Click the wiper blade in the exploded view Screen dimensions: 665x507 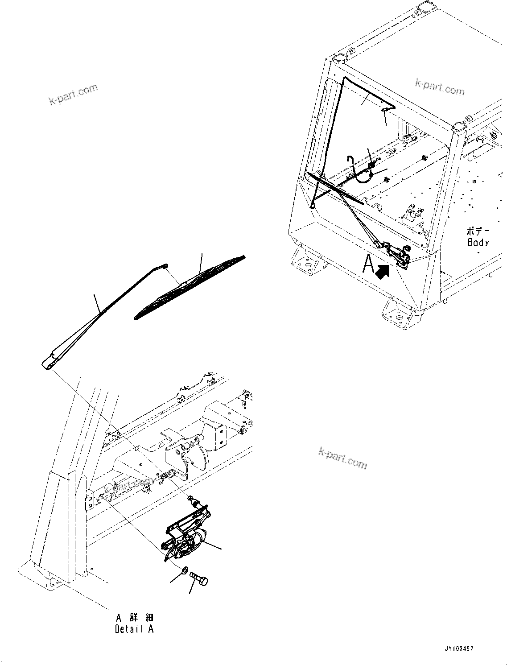coord(190,287)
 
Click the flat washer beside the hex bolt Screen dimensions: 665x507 coord(183,570)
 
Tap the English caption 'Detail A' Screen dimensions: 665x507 coord(134,629)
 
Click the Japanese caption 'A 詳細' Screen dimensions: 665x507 coord(135,618)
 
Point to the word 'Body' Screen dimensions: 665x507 coord(478,243)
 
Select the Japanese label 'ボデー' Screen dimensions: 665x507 coord(478,231)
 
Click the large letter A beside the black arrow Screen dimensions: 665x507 coord(368,264)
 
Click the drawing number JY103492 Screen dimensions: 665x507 coord(458,648)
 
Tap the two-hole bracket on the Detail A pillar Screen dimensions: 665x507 coord(89,499)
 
